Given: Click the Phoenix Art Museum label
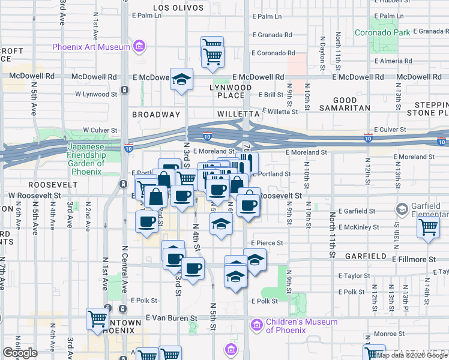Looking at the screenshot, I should pos(91,47).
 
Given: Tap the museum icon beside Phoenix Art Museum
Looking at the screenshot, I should pos(139,46).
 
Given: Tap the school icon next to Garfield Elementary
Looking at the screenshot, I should pos(402,209).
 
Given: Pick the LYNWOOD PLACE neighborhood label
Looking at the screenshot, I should pos(231,91).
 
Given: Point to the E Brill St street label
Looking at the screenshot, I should pos(271,95).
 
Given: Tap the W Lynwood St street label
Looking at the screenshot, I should pos(96,94).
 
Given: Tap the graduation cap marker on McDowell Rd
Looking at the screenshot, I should pos(180,79).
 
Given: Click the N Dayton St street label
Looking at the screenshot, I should pos(322,50).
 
